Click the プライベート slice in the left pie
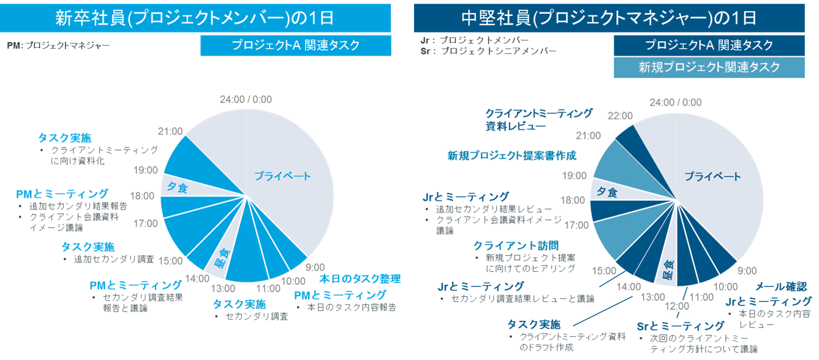pos(282,176)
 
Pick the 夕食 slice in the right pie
pos(606,192)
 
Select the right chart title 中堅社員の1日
pos(616,18)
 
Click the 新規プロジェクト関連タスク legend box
pos(709,67)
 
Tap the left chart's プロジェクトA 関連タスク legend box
pos(295,45)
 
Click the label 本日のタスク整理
pos(360,279)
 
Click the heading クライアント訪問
pos(515,246)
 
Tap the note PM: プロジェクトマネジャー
pos(59,45)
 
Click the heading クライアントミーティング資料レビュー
pos(538,119)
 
